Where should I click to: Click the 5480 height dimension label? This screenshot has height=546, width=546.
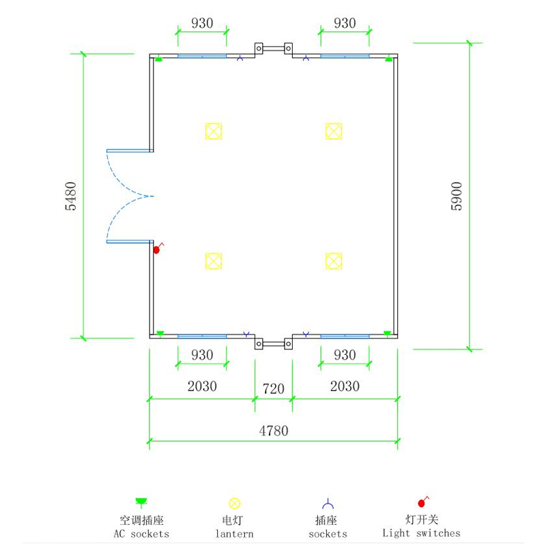pyautogui.click(x=71, y=196)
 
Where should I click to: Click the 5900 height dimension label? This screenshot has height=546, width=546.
pyautogui.click(x=457, y=196)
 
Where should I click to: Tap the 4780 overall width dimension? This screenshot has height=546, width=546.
pyautogui.click(x=274, y=431)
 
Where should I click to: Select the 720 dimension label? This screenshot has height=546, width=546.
pyautogui.click(x=274, y=388)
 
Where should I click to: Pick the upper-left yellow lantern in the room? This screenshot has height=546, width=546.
pyautogui.click(x=214, y=131)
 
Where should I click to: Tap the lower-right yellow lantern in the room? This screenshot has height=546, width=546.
pyautogui.click(x=334, y=261)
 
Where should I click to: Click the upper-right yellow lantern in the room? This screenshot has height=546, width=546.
pyautogui.click(x=334, y=131)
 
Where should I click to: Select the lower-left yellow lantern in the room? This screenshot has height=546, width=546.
pyautogui.click(x=214, y=261)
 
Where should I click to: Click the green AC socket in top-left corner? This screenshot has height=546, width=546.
pyautogui.click(x=159, y=59)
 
